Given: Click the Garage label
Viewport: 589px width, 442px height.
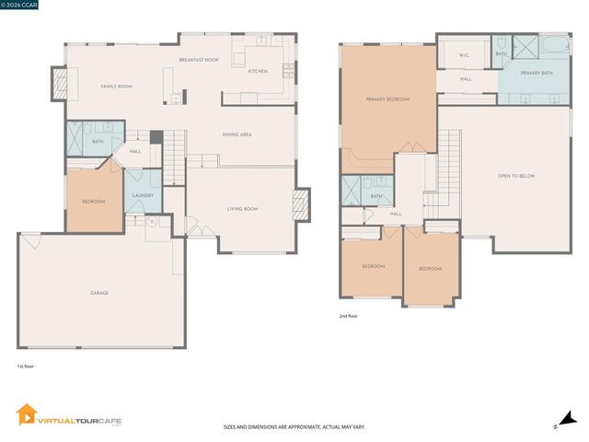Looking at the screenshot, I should tap(99, 293).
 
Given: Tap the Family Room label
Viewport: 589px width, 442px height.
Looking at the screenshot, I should tap(117, 87).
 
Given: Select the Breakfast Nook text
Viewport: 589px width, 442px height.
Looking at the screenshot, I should tap(198, 60).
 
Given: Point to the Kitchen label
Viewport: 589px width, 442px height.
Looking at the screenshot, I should tap(258, 71).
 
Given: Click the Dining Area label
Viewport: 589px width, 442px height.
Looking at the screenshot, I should tap(237, 134).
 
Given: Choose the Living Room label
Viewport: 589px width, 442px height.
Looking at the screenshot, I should tap(243, 209).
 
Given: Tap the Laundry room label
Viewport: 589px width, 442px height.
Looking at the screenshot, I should tap(143, 195).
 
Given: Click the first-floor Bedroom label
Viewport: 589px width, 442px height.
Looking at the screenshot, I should tap(93, 202).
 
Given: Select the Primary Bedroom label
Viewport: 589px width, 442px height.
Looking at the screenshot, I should tap(387, 99).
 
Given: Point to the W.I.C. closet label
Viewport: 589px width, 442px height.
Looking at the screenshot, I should tap(465, 55).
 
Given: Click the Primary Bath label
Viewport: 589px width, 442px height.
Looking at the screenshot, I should tap(535, 72).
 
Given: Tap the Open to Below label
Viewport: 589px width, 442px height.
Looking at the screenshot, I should tap(515, 176).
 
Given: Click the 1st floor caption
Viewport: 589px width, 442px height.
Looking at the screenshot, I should tap(26, 366).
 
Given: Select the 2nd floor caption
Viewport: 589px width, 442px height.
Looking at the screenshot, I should tap(349, 316).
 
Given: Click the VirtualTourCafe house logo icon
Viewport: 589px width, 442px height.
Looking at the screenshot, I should tap(25, 415).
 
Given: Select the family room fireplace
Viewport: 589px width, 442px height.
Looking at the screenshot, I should tap(59, 87).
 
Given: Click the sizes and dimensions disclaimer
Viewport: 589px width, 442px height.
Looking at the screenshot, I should tap(294, 427).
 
